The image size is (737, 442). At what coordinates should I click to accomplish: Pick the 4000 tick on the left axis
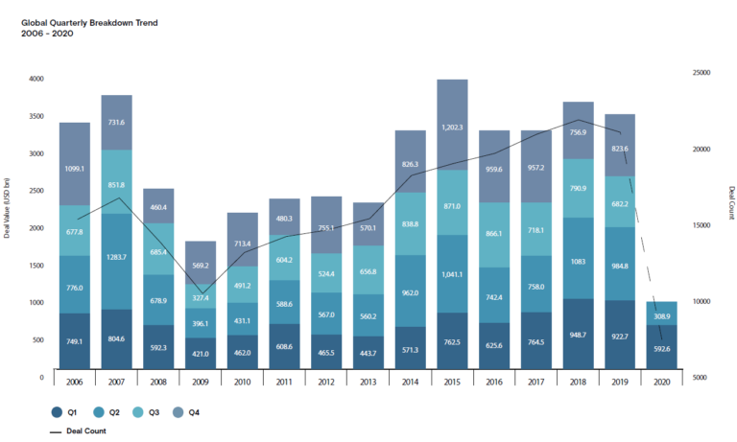point(36,79)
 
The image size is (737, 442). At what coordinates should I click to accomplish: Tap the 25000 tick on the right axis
point(702,73)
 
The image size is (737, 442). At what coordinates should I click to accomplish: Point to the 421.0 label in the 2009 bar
point(201,352)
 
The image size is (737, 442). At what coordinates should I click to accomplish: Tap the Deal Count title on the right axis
point(730,202)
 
